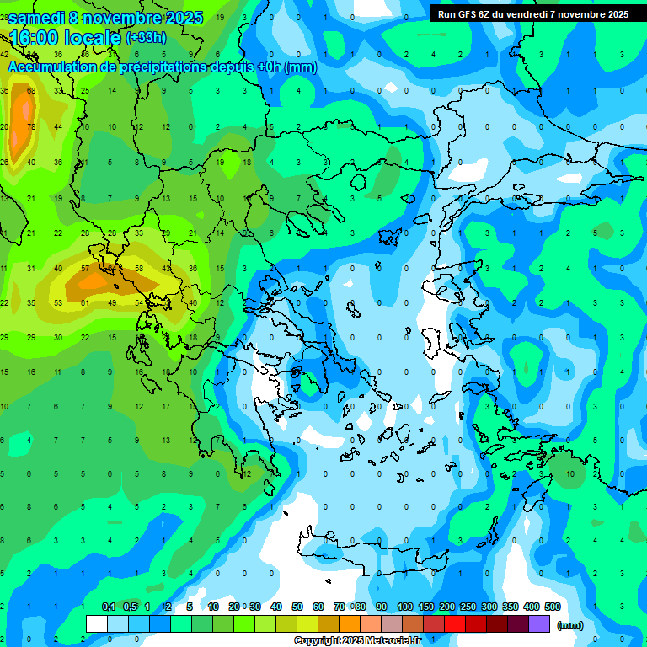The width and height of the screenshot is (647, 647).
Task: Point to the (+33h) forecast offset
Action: pos(145,38)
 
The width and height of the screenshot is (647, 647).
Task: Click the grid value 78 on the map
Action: pos(31,127)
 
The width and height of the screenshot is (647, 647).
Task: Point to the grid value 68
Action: pos(31,91)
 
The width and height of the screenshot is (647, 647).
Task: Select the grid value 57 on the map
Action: pos(85,269)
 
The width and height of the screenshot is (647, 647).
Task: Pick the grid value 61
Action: pos(85,302)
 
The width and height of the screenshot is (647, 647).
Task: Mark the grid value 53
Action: pos(58,302)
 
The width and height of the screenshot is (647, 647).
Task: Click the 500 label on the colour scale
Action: pos(553,607)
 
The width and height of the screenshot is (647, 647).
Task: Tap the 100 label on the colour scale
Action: pos(405,607)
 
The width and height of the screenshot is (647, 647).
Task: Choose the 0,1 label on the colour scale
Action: pos(109,607)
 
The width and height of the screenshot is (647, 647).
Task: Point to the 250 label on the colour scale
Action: pos(468,607)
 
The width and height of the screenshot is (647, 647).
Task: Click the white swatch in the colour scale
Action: pos(97,624)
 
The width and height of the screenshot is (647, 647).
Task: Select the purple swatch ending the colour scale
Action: pos(539,624)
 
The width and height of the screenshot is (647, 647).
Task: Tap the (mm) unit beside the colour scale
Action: pos(570,625)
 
